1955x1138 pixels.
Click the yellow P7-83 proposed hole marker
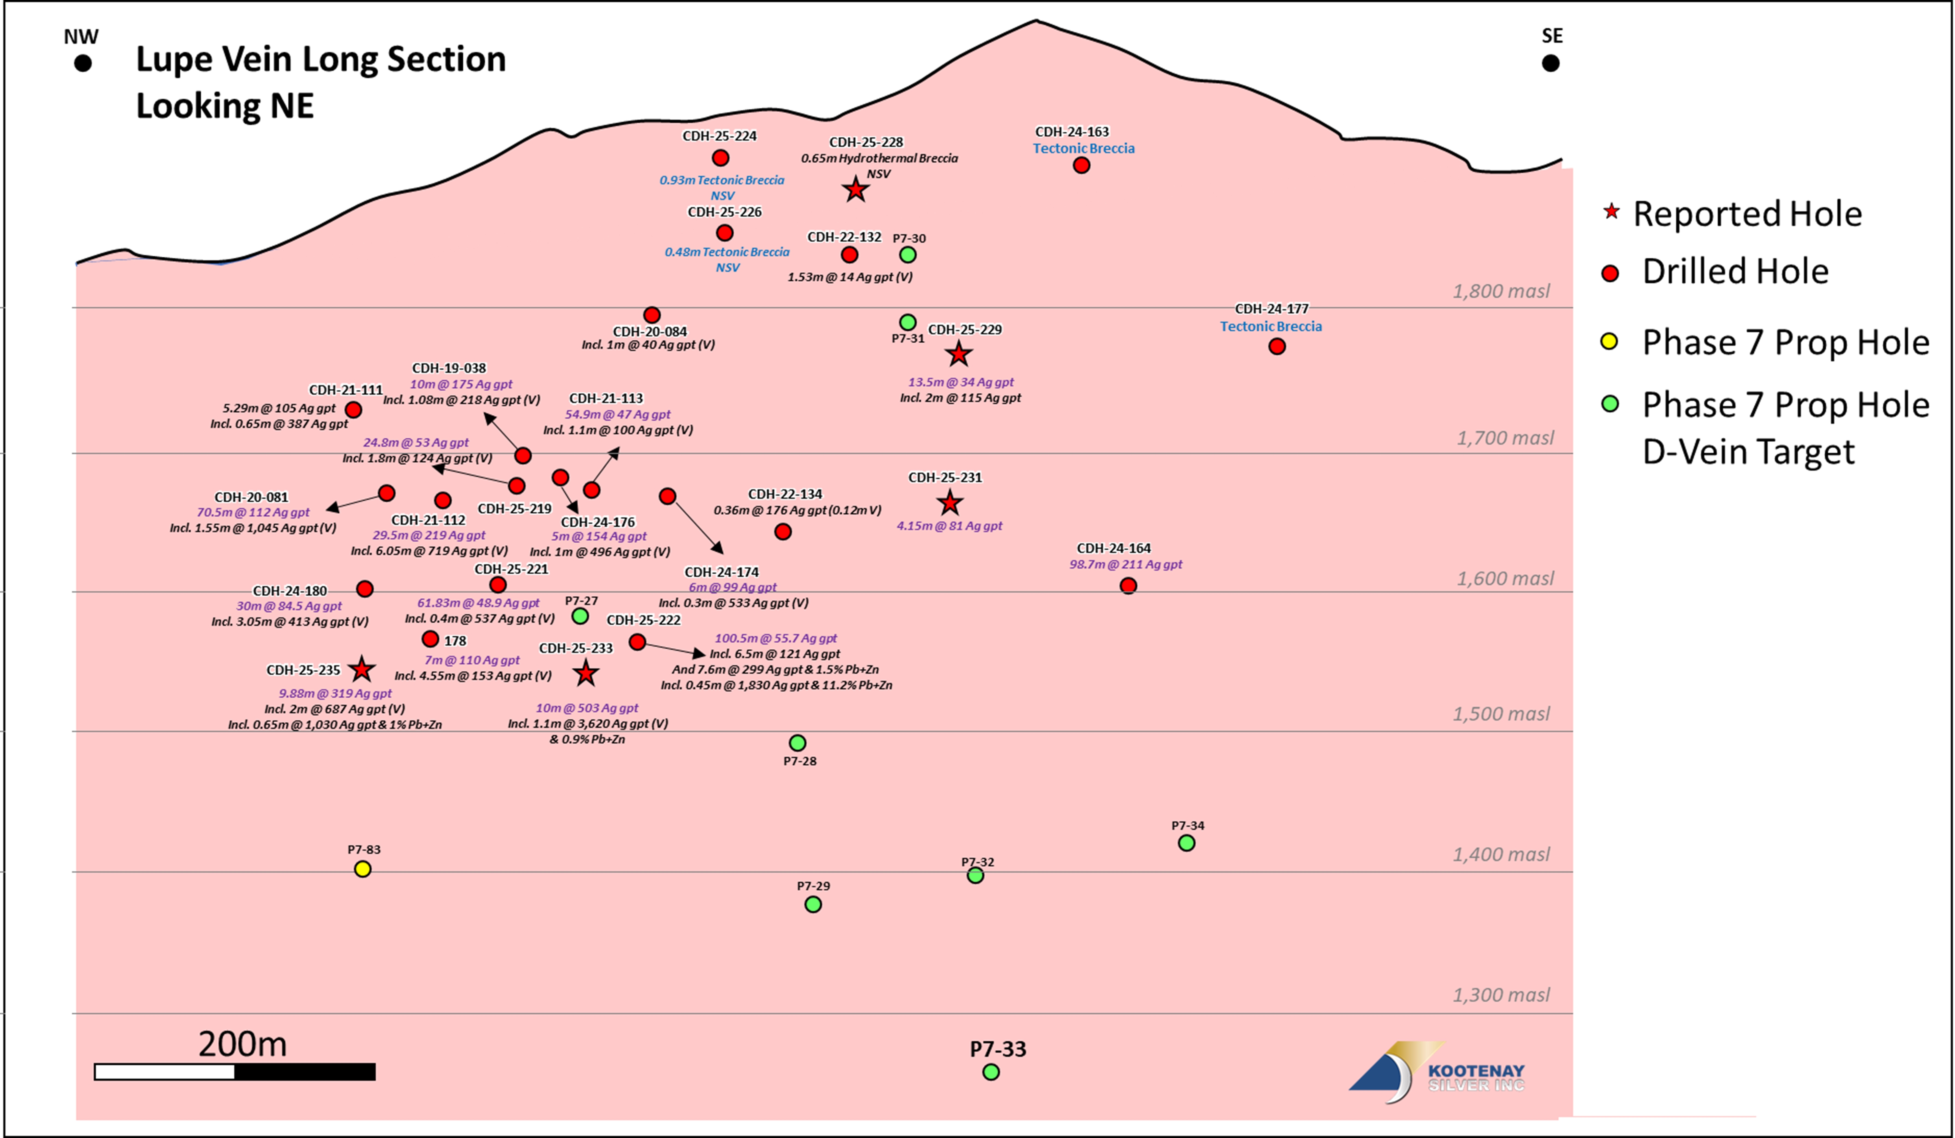click(x=362, y=869)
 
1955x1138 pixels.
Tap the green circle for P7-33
click(x=991, y=1072)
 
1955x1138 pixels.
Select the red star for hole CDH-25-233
click(x=586, y=673)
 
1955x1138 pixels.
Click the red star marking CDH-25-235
click(x=361, y=669)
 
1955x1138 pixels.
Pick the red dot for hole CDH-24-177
click(x=1277, y=346)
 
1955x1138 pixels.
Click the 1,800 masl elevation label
click(x=1501, y=291)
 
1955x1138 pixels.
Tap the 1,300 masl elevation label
click(x=1501, y=994)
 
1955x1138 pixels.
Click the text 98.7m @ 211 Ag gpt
click(x=1126, y=564)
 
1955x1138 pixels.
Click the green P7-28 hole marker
click(x=798, y=743)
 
